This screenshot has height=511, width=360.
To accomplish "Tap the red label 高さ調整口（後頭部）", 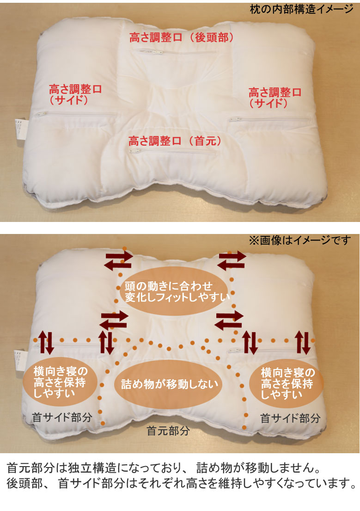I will [181, 38].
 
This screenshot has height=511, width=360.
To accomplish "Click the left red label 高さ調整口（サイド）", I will [75, 93].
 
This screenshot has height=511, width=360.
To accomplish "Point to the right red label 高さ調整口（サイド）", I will [275, 98].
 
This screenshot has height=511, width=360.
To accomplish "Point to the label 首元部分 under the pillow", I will [168, 431].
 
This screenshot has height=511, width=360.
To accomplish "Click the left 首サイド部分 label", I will [62, 418].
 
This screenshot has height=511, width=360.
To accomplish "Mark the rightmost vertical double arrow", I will [304, 342].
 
